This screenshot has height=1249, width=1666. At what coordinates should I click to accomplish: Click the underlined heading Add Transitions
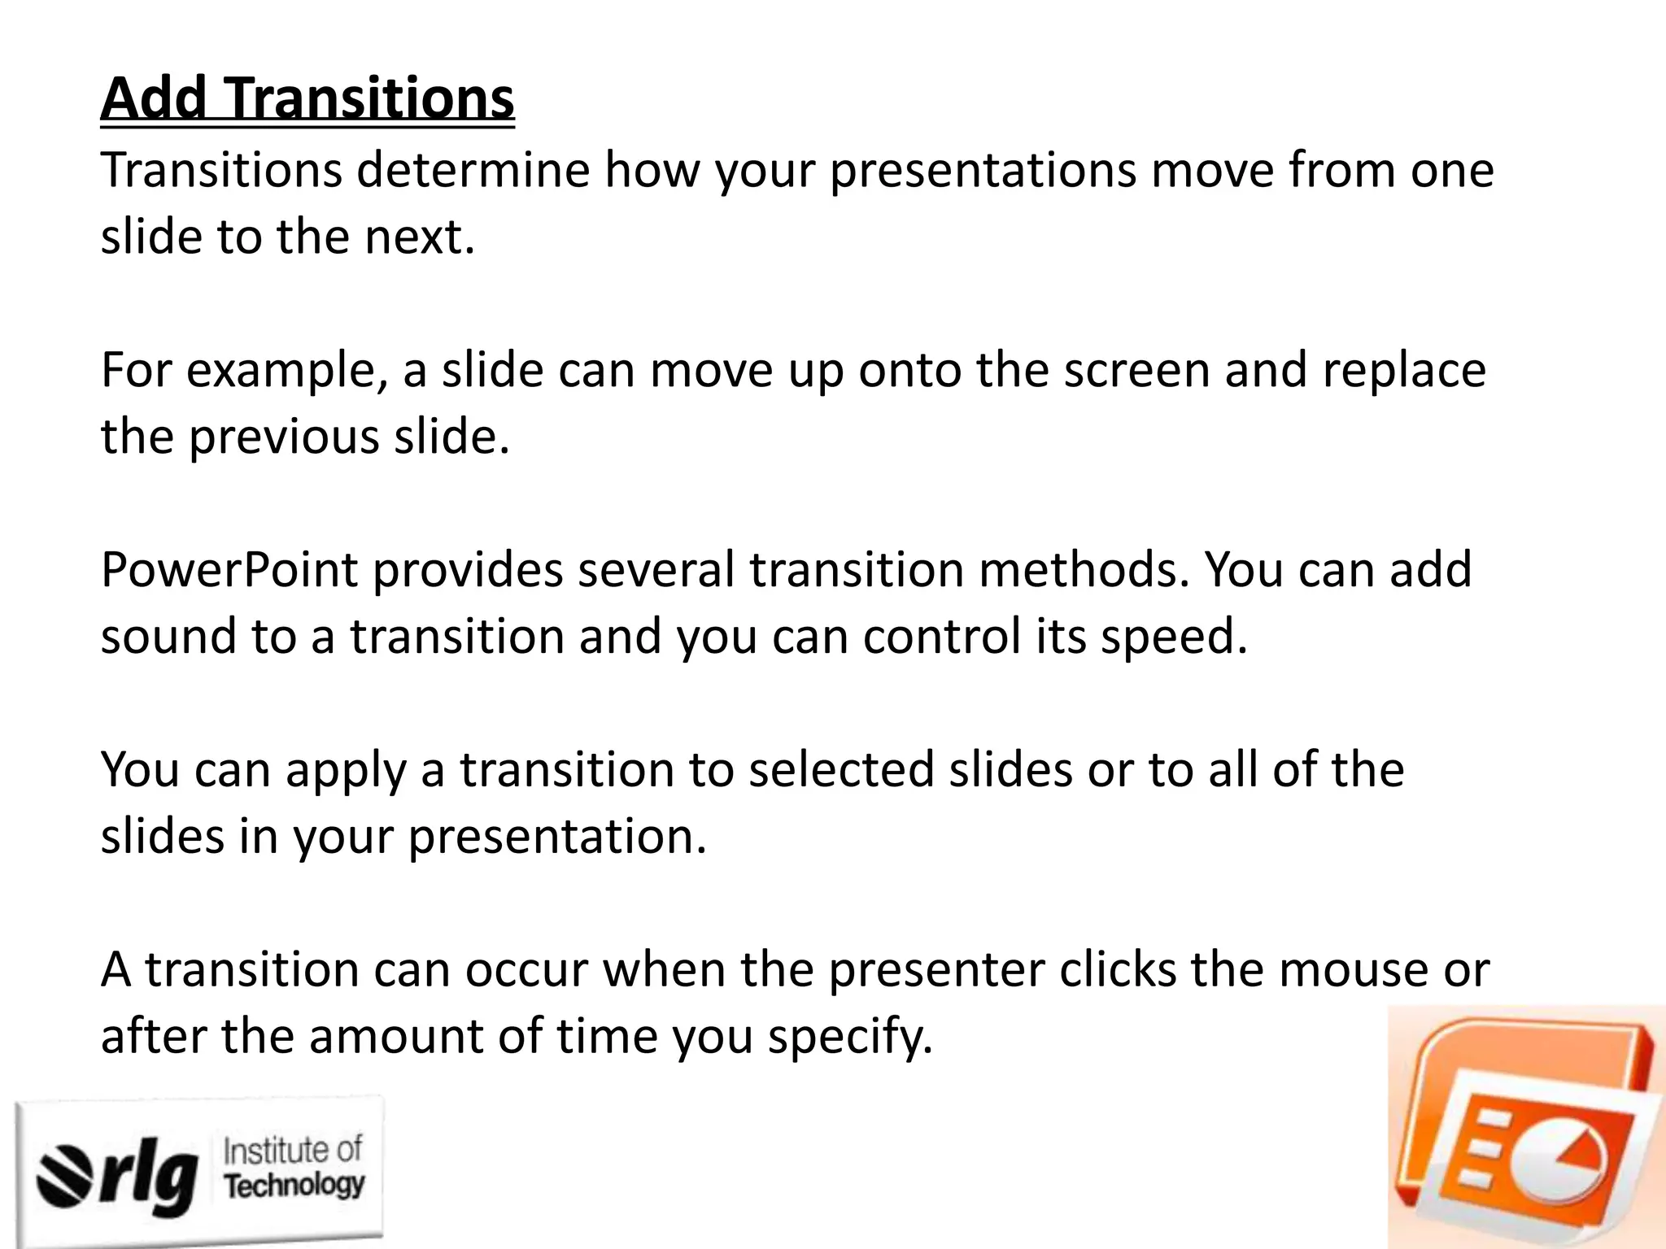307,99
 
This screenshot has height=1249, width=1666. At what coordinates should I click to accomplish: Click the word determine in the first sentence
473,171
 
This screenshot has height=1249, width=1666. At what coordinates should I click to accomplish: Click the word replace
1404,371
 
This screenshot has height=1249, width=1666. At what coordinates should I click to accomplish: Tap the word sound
168,636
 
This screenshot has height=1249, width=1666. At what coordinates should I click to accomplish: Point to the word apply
345,772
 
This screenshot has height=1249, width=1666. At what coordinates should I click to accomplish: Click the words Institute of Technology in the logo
294,1168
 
